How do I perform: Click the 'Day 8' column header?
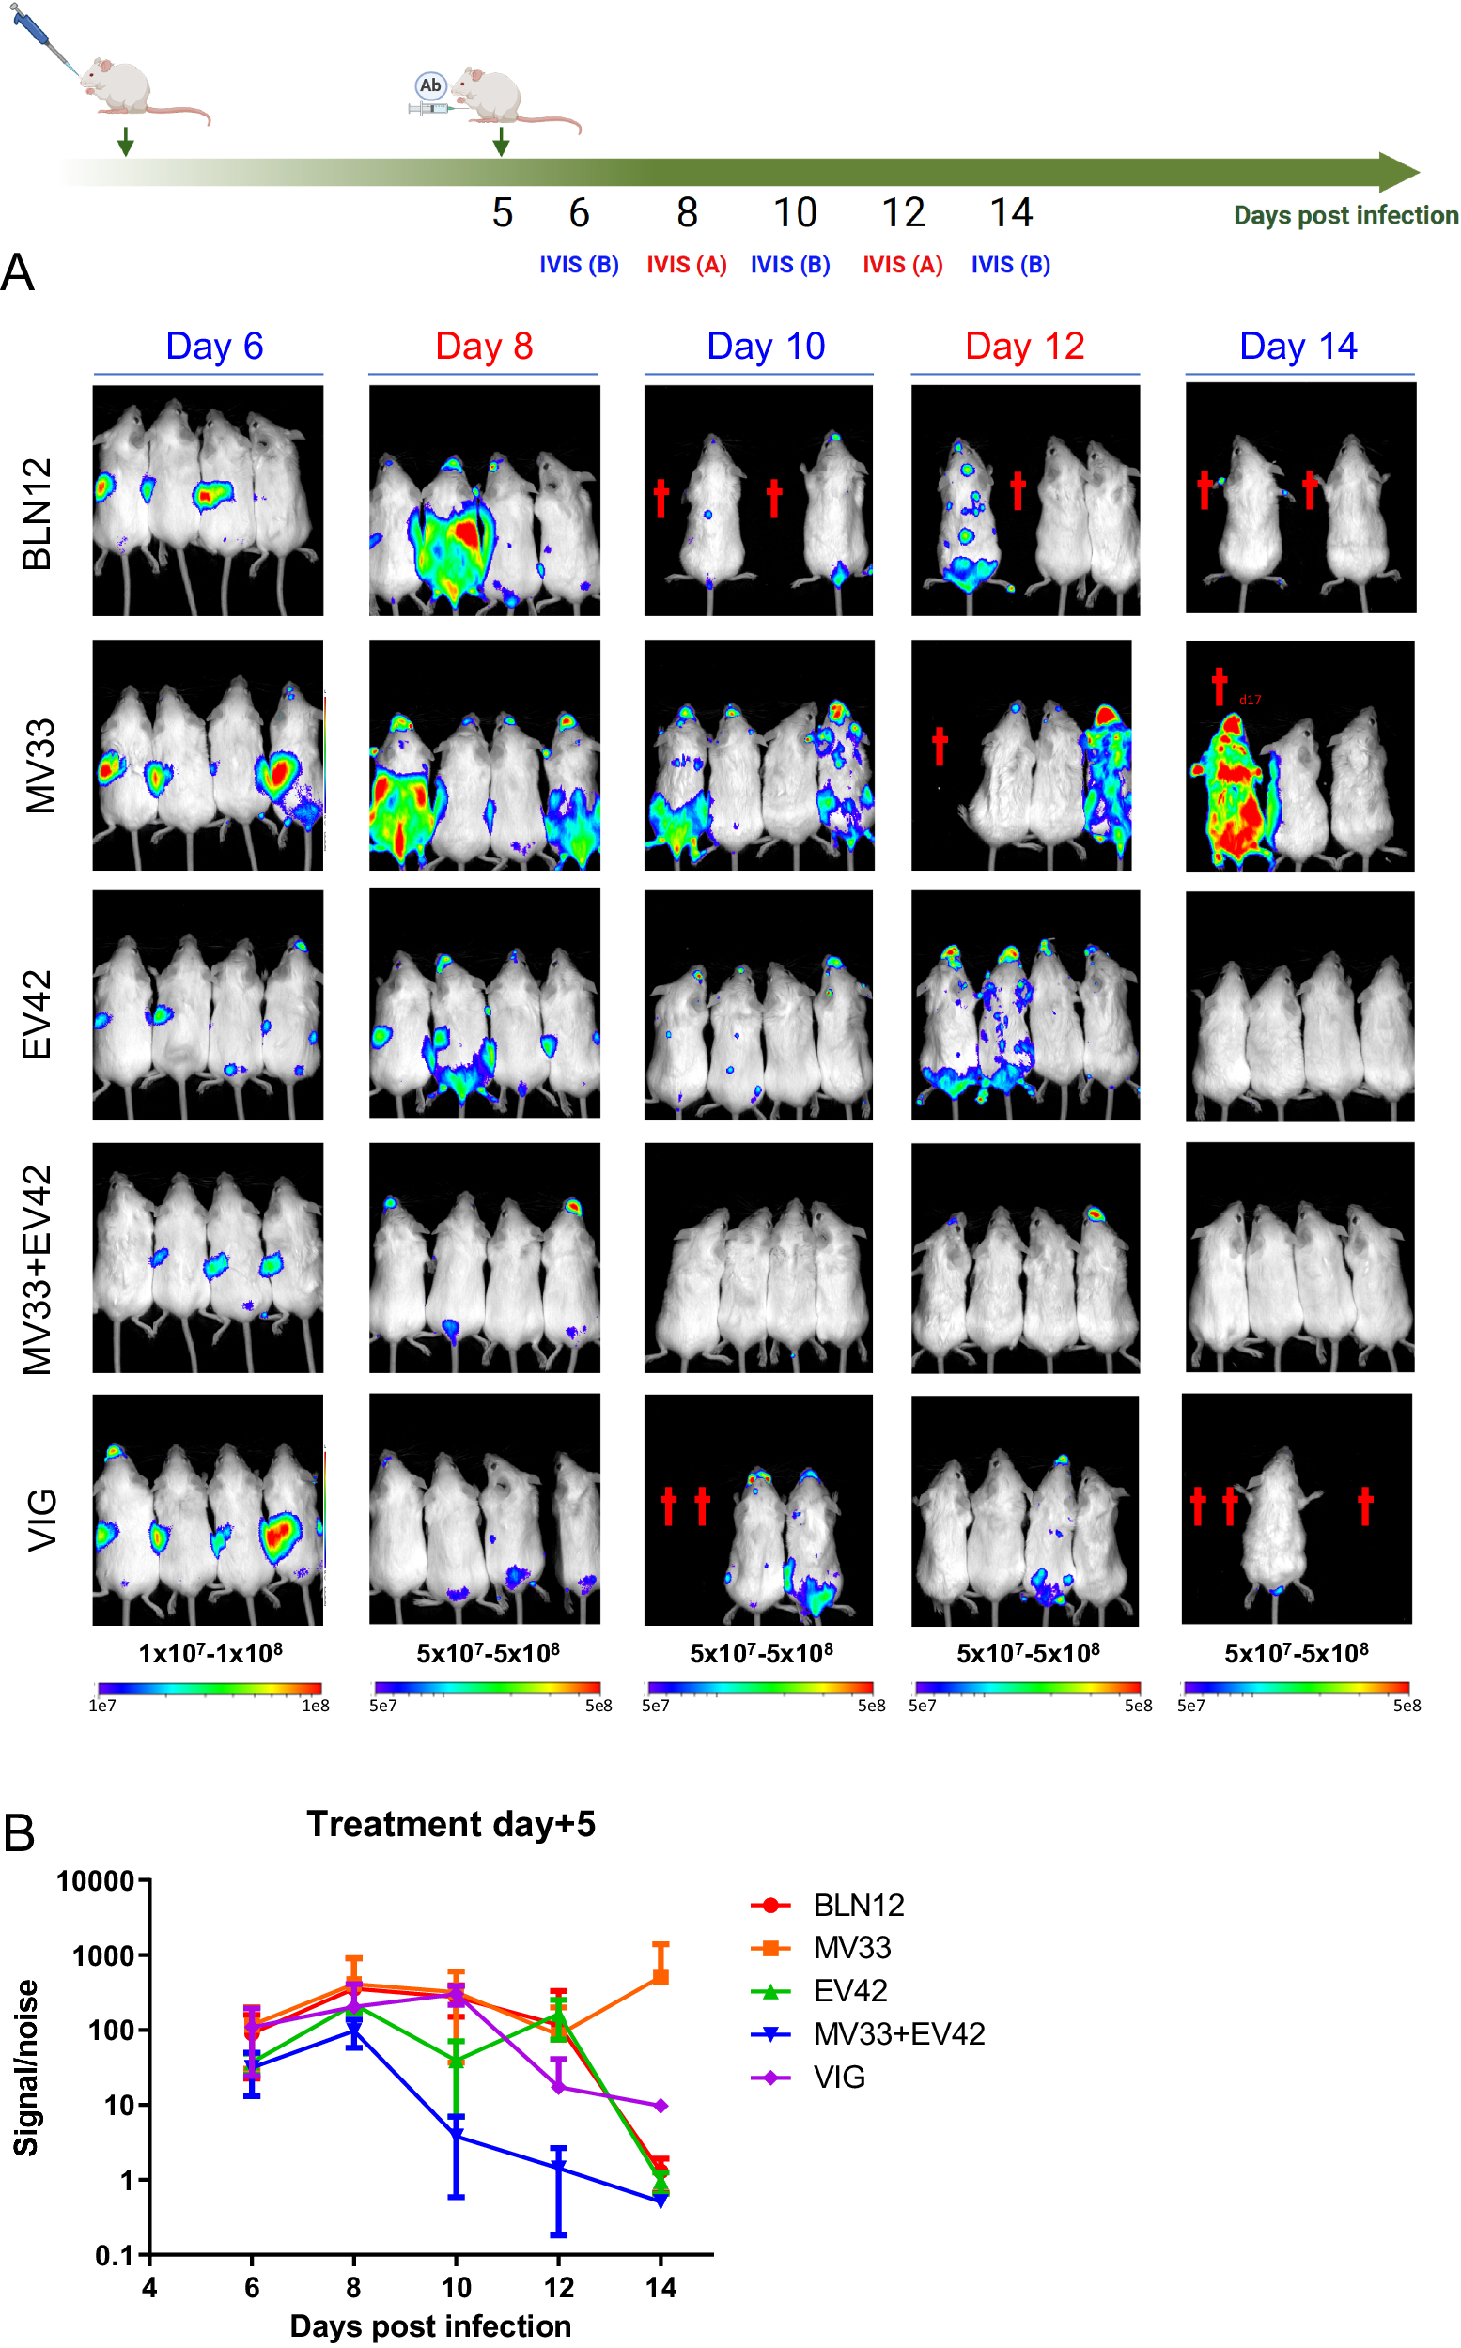(x=484, y=346)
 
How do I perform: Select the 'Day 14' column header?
(x=1298, y=346)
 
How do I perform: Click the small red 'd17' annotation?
(x=1250, y=701)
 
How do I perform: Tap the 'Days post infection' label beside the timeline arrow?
(x=1345, y=215)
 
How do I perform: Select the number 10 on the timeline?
(x=794, y=212)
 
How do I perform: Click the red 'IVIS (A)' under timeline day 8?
(x=686, y=265)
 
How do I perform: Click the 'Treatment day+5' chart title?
(x=450, y=1824)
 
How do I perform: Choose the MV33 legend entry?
(x=850, y=1947)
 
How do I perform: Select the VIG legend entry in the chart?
(x=838, y=2077)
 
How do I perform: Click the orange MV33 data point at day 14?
(x=661, y=1975)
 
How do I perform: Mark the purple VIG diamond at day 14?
(x=661, y=2106)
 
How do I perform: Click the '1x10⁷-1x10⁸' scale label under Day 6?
(x=210, y=1653)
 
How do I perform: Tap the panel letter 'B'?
(x=20, y=1833)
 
